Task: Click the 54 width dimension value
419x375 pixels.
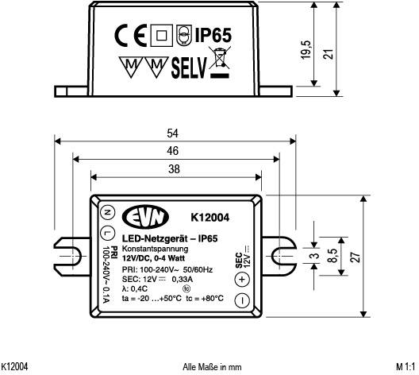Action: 174,133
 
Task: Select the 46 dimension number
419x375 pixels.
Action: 174,150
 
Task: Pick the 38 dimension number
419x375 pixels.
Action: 174,168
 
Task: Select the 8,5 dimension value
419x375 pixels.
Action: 335,256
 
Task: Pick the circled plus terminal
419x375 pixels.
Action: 243,279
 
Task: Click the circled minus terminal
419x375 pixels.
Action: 243,300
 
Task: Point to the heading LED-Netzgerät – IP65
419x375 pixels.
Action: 170,238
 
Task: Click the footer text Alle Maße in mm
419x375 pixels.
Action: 211,367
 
